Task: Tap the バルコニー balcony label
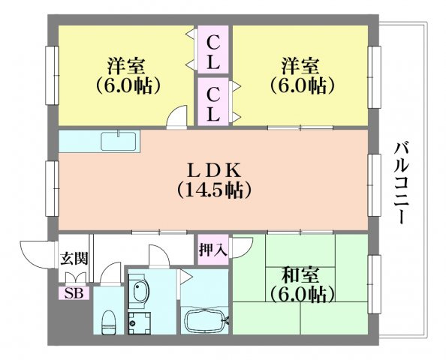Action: pyautogui.click(x=402, y=184)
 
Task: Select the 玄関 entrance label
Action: pyautogui.click(x=74, y=258)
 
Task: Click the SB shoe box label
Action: pyautogui.click(x=74, y=293)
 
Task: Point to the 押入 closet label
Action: pyautogui.click(x=213, y=250)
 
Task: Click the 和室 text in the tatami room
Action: pyautogui.click(x=300, y=275)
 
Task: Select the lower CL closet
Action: pyautogui.click(x=213, y=101)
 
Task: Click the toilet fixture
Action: pyautogui.click(x=108, y=322)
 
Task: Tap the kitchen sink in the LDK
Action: pyautogui.click(x=120, y=141)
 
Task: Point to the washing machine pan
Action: pyautogui.click(x=139, y=324)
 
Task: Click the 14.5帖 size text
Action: pyautogui.click(x=214, y=190)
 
